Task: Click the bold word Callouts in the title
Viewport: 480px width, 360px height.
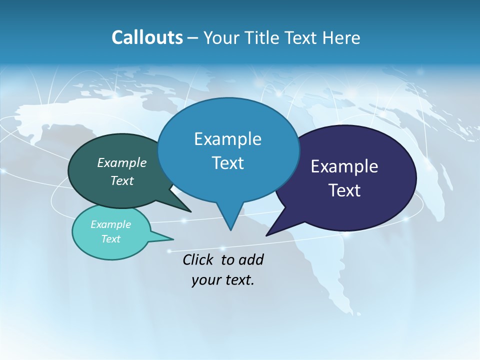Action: [147, 38]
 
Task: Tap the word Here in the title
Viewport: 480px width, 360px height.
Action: [342, 38]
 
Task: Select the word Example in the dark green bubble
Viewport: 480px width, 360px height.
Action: [122, 163]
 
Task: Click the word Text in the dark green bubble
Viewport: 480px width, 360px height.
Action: [122, 181]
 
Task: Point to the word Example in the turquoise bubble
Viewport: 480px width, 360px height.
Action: [111, 224]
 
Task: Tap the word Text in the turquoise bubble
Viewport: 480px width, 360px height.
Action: [111, 239]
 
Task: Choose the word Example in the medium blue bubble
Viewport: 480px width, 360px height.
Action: [227, 139]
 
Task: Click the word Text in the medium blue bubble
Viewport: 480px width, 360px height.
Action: [227, 163]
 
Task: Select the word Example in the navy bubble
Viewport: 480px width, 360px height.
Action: [344, 166]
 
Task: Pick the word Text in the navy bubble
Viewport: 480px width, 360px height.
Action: [344, 190]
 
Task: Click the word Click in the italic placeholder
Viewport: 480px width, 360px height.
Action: [198, 260]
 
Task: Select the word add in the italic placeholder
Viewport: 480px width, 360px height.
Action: [251, 260]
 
